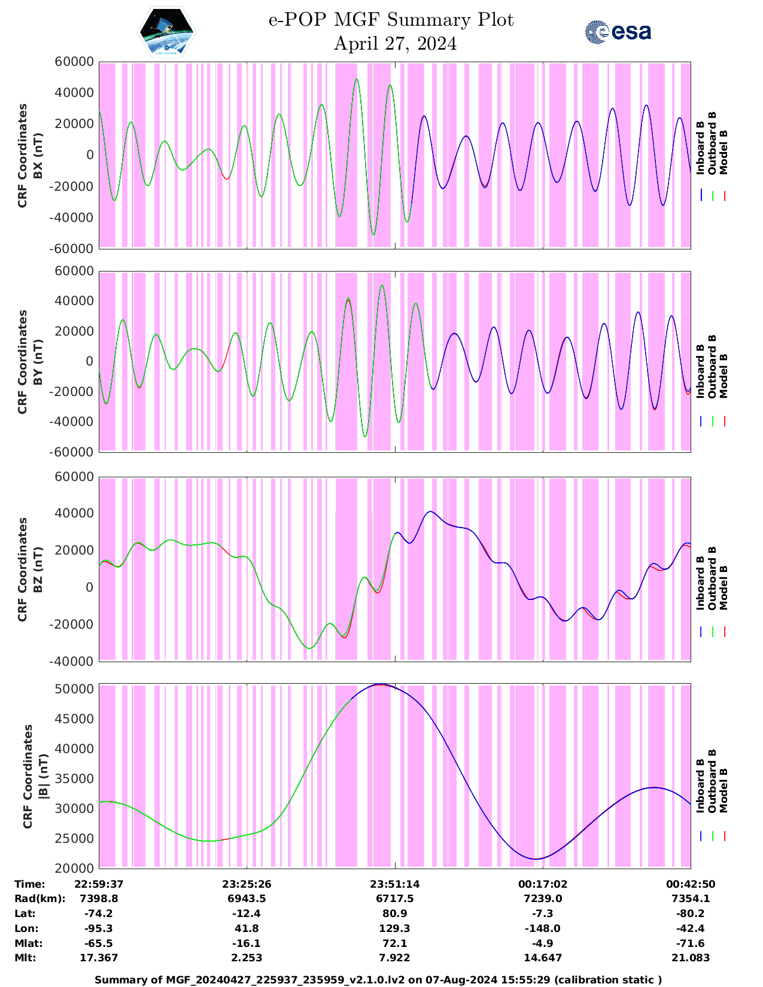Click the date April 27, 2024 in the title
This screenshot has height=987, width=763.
coord(395,44)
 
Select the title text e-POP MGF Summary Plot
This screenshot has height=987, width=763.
coord(391,20)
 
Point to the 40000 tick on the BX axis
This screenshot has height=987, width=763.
coord(73,93)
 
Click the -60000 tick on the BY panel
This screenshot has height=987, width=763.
coord(73,452)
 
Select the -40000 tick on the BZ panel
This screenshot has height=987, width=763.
coord(73,662)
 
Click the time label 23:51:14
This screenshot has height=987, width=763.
coord(395,884)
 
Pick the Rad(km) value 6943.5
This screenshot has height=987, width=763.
coord(247,898)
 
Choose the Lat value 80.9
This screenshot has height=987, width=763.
coord(395,913)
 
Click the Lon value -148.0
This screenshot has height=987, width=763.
coord(543,928)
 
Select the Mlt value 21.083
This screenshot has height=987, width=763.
coord(691,958)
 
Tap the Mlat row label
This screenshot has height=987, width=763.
coord(27,943)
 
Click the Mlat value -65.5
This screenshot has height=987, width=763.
coord(99,943)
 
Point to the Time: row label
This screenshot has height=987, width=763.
coord(30,884)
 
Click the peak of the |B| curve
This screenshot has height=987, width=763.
coord(379,684)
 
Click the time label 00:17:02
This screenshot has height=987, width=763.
coord(543,884)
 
